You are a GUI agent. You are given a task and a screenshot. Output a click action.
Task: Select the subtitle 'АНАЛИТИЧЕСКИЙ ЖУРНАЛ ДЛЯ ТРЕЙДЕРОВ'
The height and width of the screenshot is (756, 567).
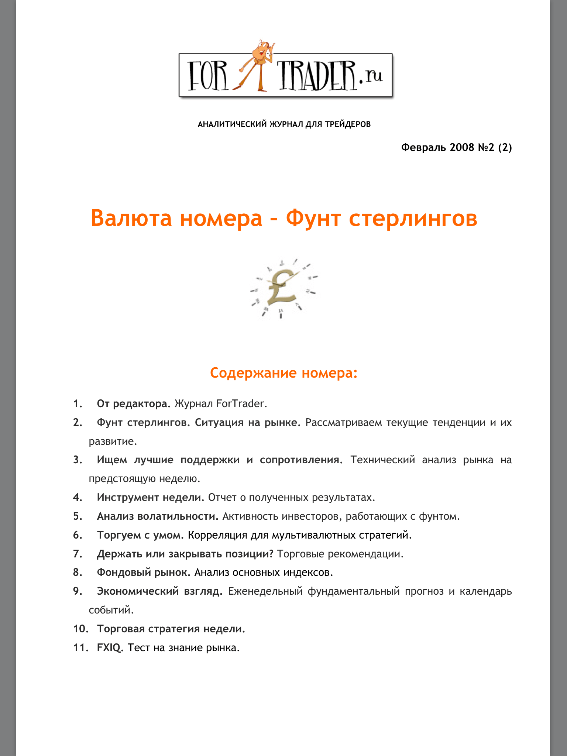point(284,124)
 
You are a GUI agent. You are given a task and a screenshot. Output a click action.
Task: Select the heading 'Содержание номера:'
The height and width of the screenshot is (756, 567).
point(283,373)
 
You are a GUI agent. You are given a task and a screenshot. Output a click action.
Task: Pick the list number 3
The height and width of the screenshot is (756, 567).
point(78,460)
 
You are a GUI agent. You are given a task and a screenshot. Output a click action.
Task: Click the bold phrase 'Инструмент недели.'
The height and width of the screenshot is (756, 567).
point(150,498)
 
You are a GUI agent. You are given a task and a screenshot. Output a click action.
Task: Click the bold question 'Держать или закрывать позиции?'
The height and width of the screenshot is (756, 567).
point(185,554)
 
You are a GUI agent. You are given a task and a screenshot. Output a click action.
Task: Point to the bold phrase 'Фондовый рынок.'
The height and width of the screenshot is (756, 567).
point(144,573)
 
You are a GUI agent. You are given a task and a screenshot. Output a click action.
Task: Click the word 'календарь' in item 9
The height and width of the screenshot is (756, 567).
point(486,591)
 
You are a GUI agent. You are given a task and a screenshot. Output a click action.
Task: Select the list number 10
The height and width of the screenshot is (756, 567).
point(80,629)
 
